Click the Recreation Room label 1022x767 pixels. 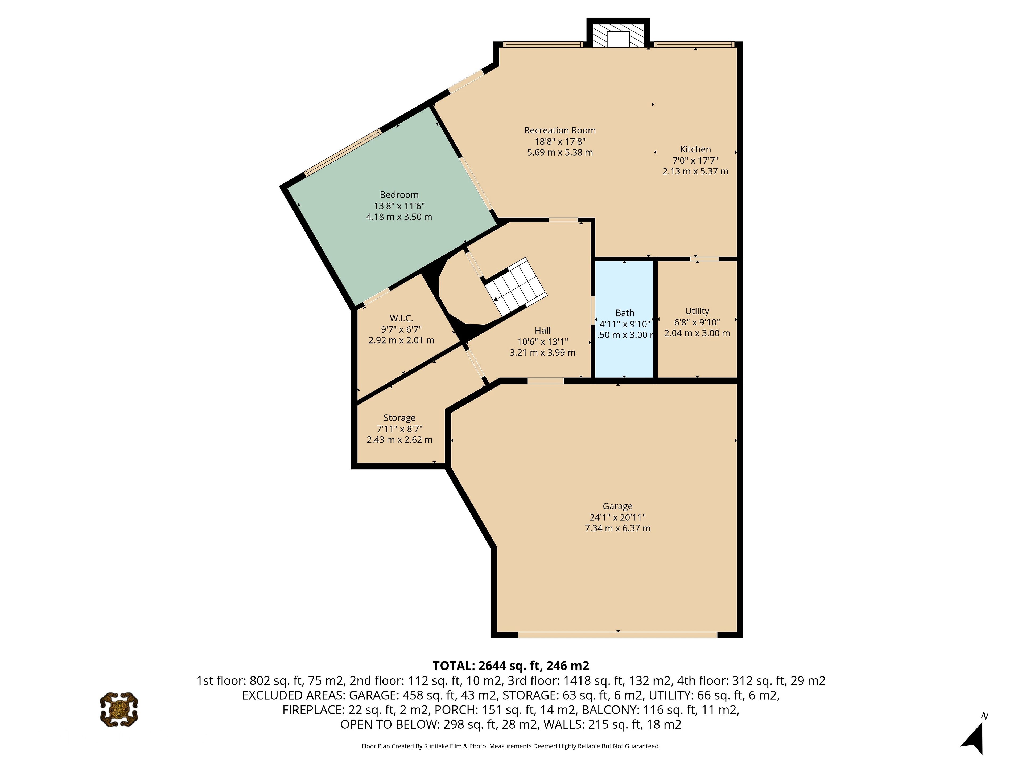point(560,130)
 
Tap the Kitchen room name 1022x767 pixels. point(695,149)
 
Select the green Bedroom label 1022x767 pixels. point(399,195)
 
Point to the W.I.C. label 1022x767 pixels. point(401,318)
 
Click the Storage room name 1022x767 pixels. point(400,418)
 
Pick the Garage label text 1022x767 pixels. point(618,506)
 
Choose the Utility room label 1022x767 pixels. point(697,311)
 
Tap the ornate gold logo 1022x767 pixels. point(119,709)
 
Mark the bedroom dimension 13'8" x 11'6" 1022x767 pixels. point(399,206)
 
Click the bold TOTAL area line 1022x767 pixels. point(511,666)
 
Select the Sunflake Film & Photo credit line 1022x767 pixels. point(511,746)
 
